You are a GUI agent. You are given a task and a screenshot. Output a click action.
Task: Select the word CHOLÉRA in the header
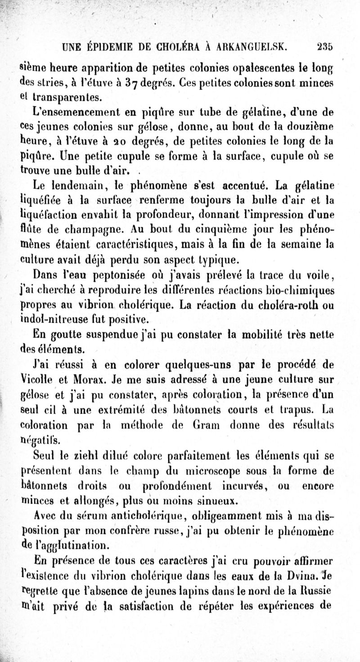click(x=174, y=45)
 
